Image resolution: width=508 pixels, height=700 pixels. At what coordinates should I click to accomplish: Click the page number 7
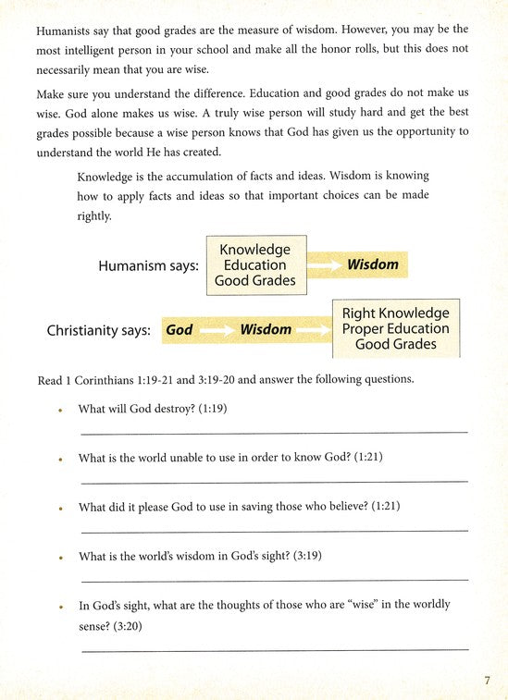tap(487, 682)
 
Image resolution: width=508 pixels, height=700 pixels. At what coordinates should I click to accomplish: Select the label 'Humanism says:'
tap(148, 265)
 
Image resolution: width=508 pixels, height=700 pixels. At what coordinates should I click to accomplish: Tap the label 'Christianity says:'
tap(98, 329)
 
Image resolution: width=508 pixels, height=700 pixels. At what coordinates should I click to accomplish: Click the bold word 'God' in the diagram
tap(179, 329)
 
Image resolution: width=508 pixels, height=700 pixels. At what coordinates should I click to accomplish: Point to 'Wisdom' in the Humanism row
tap(372, 264)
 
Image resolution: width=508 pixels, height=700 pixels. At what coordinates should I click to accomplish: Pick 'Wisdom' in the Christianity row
tap(266, 329)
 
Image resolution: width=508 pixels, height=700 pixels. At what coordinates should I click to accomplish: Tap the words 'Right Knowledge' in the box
tap(395, 313)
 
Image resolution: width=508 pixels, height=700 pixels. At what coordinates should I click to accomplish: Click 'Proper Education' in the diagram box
tap(395, 329)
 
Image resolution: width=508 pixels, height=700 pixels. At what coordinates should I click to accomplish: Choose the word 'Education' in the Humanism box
tap(254, 265)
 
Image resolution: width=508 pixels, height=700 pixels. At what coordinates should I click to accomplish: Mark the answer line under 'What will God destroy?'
tap(274, 432)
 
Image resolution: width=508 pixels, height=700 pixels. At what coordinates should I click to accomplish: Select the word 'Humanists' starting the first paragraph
tap(66, 31)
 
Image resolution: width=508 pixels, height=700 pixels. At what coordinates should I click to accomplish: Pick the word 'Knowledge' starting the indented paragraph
tap(109, 176)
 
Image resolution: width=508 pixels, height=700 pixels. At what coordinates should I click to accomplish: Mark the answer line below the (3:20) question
tap(274, 650)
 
